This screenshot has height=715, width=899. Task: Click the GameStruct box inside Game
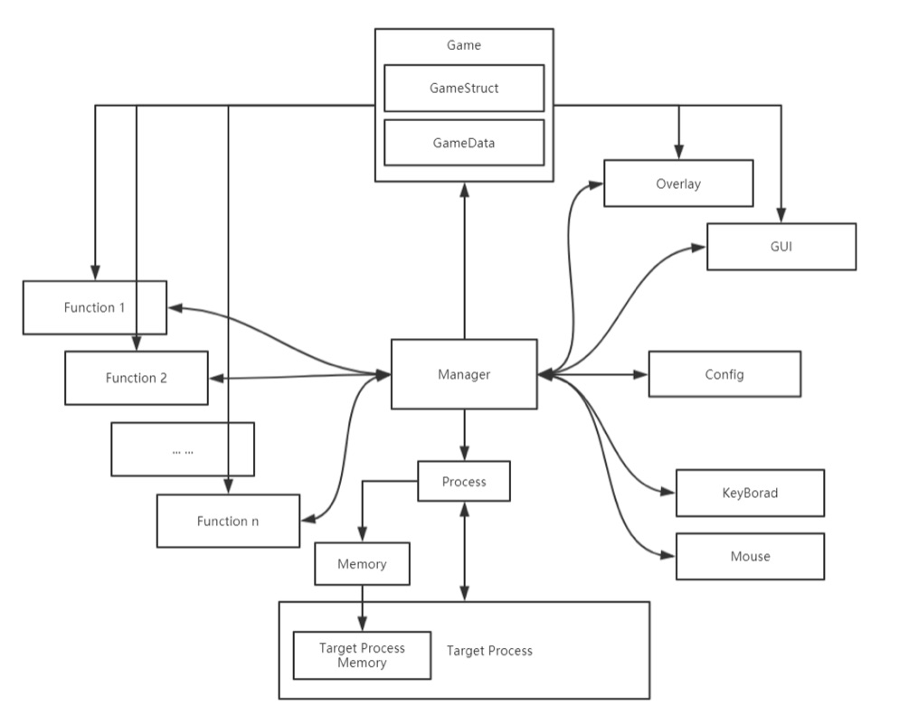(464, 88)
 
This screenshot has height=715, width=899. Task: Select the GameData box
(464, 142)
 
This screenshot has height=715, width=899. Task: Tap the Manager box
(464, 373)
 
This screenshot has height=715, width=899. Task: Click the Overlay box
(678, 183)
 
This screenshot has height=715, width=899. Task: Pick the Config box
(724, 373)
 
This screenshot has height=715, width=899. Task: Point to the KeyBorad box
(750, 493)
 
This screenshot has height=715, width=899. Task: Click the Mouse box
(750, 556)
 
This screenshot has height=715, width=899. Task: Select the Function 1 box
(94, 307)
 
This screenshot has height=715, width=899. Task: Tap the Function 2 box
(136, 377)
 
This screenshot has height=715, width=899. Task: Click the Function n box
(227, 521)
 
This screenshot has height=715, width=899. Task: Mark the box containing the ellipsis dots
(182, 448)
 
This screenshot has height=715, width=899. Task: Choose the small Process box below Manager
(464, 481)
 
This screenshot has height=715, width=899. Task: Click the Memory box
(362, 563)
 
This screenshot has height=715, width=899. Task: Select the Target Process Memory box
(362, 655)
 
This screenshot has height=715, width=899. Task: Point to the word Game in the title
(464, 45)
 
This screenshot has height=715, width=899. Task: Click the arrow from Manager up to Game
(464, 262)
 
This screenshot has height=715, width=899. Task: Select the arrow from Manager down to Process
(464, 434)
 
